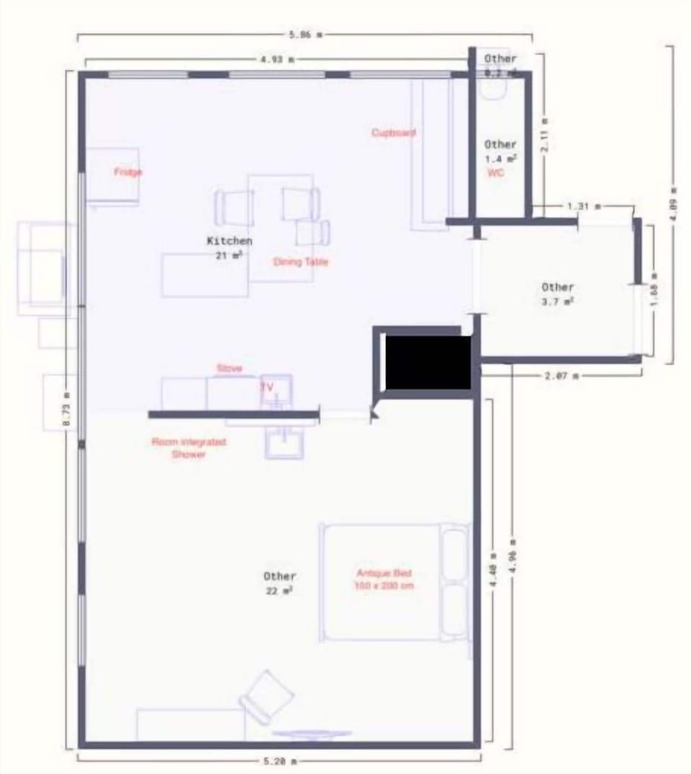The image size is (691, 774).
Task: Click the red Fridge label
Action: coord(128,172)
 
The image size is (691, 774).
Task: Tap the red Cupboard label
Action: coord(393,133)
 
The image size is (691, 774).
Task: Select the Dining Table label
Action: coord(301,262)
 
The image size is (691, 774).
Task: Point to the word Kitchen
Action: coord(230,241)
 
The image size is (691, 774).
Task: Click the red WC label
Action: coord(495,173)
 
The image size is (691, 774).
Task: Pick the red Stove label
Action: coord(229,368)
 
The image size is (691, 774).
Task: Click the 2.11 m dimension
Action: coord(546,135)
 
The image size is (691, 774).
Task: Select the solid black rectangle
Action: coord(428,362)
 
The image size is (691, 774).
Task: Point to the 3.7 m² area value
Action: coord(558,302)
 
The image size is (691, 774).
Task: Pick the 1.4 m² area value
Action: coord(500,158)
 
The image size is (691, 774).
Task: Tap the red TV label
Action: coord(267,387)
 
